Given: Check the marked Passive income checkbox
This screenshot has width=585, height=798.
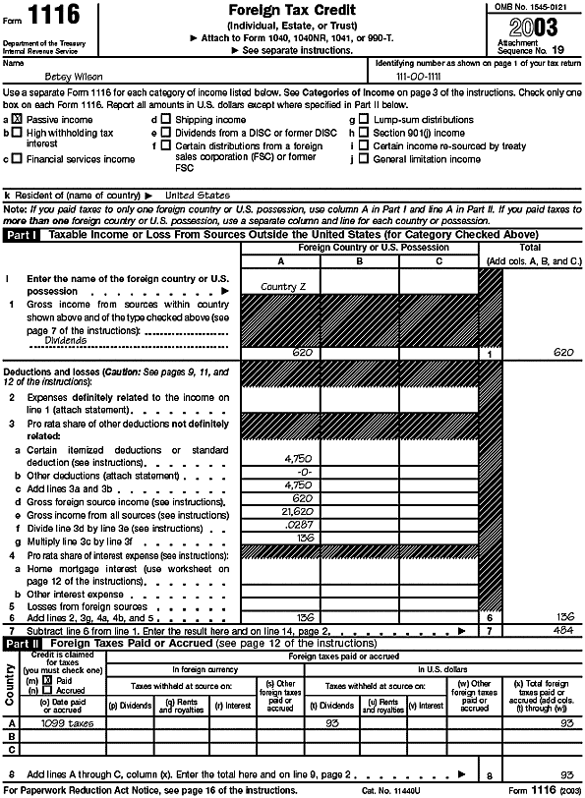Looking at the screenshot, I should click(17, 119).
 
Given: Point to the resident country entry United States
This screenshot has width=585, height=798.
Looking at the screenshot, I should click(197, 195).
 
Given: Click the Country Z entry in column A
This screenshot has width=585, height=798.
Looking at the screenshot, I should click(280, 286).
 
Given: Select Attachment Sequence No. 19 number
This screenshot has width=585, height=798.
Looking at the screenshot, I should click(558, 45).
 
